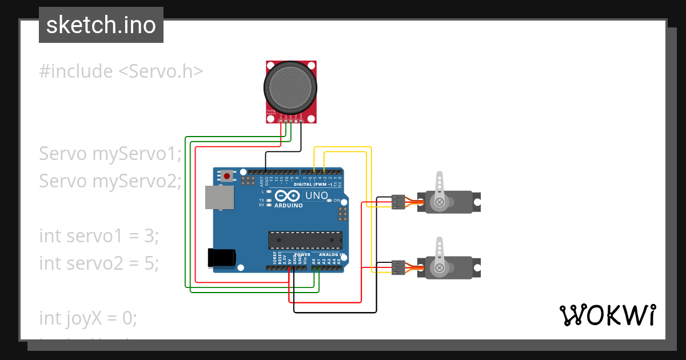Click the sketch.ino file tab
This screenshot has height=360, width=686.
point(101,25)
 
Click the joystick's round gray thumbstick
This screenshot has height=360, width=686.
point(290,87)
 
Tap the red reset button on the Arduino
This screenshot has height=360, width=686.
point(228,176)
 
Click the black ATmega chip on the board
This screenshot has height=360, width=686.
point(305,240)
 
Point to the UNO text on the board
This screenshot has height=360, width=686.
point(317,196)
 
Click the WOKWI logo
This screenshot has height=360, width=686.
point(607,315)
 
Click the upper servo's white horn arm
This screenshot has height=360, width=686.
point(439,186)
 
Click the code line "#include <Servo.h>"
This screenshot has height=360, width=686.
point(121,71)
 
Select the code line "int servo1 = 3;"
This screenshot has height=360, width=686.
point(98,235)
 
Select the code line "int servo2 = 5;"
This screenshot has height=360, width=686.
point(98,263)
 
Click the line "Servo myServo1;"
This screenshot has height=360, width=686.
point(110,154)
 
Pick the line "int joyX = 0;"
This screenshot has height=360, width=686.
point(88,318)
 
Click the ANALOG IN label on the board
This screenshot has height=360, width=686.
point(332,254)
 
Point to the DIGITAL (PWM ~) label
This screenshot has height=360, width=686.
point(313,185)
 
